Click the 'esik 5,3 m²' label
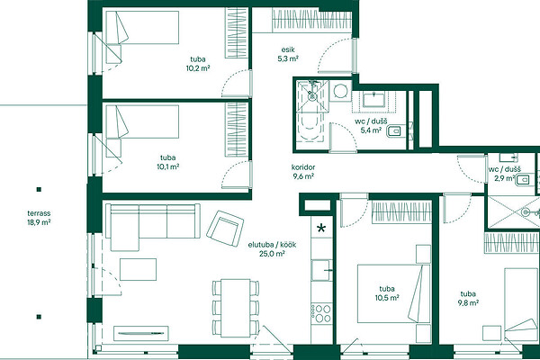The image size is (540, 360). [x=288, y=54]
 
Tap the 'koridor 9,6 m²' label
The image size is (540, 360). [x=303, y=172]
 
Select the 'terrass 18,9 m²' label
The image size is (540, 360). [x=39, y=218]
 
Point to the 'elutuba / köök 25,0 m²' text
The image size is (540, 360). [x=272, y=249]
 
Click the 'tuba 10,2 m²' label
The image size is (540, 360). [x=198, y=64]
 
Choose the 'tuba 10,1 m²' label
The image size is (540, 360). [x=167, y=162]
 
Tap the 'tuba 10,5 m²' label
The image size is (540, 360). [x=387, y=293]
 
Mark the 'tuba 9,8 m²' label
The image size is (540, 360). [x=468, y=298]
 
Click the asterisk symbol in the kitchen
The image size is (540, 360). [x=321, y=228]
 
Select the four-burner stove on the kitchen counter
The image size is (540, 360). [x=322, y=313]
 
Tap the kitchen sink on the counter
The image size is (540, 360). [x=321, y=270]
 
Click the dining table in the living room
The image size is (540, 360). [x=235, y=308]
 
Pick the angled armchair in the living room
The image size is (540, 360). [x=225, y=228]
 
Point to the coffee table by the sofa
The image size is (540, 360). [x=138, y=269]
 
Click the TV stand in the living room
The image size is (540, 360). [x=141, y=333]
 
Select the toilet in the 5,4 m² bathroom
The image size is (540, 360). [x=393, y=130]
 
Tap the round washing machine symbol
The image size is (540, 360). [x=340, y=91]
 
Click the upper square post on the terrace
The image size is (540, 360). [x=39, y=189]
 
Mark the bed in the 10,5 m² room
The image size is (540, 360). [x=393, y=294]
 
